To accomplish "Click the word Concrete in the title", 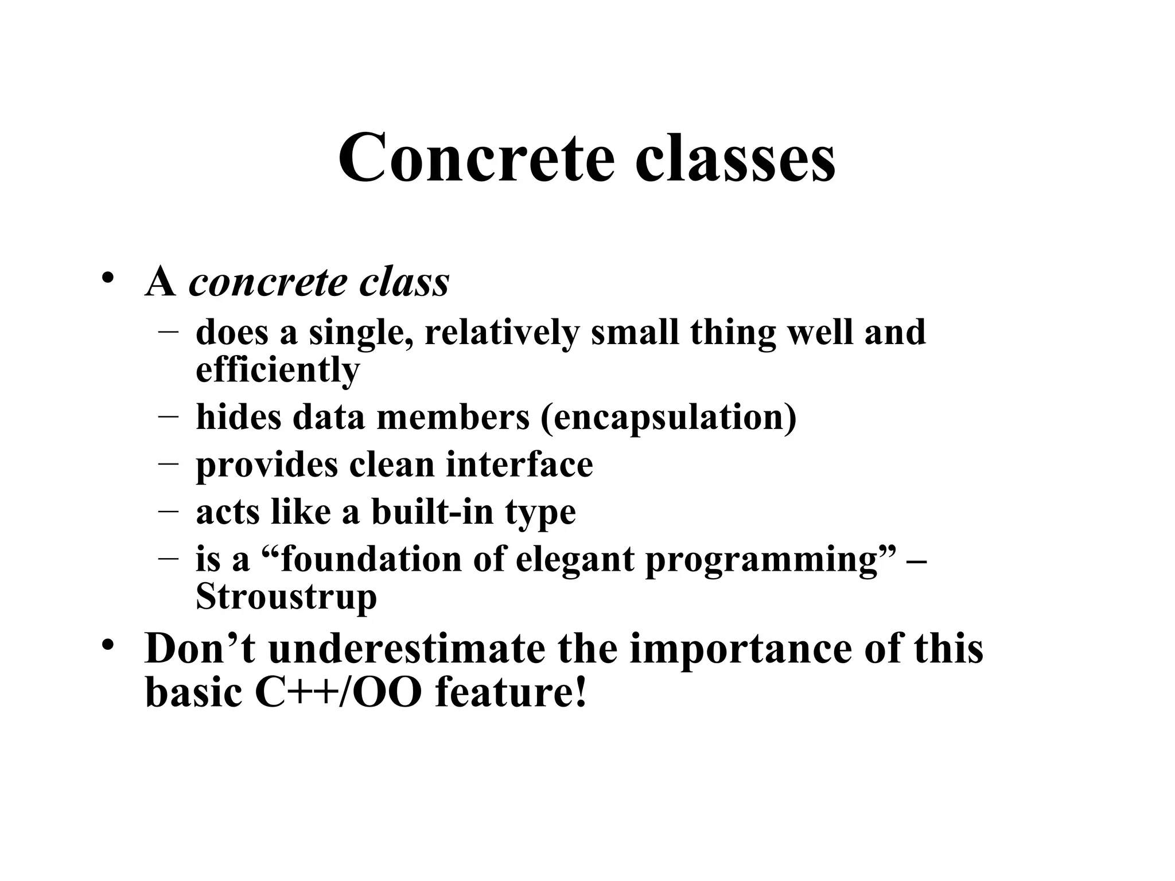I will (x=476, y=157).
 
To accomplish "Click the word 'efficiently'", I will (x=278, y=370).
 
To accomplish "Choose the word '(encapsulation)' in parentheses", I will (x=668, y=417).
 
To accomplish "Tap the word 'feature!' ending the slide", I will (x=511, y=692).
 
